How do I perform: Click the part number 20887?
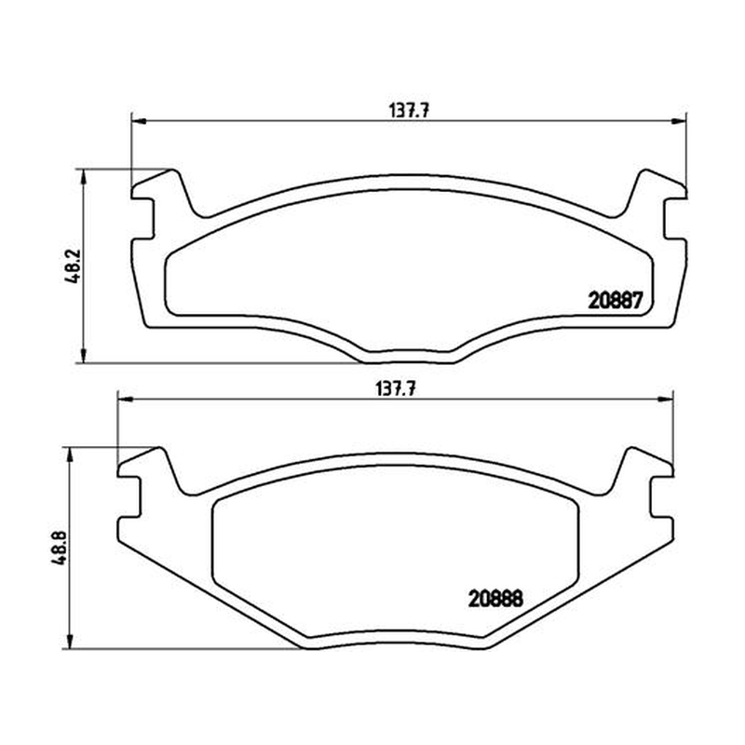click(616, 300)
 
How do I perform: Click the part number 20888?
click(495, 599)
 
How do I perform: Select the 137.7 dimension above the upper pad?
click(409, 111)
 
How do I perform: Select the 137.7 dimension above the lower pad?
click(396, 389)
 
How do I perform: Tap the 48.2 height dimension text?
click(74, 266)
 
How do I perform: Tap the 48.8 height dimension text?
click(60, 548)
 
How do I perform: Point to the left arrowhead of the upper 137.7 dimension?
click(138, 121)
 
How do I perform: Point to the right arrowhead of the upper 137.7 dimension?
click(680, 121)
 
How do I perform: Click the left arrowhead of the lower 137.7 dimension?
click(125, 400)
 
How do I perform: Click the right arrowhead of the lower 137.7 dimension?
click(666, 400)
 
